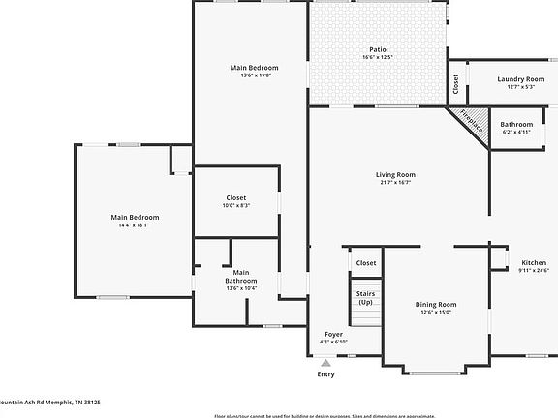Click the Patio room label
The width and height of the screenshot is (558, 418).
(x=378, y=49)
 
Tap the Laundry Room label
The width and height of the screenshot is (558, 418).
(x=521, y=79)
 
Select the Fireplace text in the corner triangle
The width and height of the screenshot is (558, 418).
(x=471, y=122)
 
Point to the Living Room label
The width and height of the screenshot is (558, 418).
(x=395, y=174)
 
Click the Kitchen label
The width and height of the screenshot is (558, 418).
(x=534, y=263)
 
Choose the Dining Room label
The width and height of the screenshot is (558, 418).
(x=436, y=304)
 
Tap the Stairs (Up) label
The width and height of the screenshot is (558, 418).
(x=365, y=297)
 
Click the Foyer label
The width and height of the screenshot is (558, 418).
(x=333, y=334)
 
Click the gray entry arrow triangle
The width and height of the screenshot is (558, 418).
(x=326, y=362)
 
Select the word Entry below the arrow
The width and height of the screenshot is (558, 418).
(x=326, y=374)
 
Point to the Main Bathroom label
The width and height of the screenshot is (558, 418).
(x=240, y=277)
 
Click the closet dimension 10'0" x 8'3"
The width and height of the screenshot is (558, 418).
(x=236, y=205)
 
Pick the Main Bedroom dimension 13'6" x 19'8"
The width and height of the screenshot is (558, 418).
(x=254, y=75)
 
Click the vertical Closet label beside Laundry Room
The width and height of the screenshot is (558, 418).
(x=456, y=84)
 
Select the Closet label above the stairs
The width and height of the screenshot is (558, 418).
(x=366, y=263)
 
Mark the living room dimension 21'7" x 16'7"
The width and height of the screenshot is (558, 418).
(x=395, y=182)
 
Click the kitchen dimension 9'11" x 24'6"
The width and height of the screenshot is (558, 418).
(x=534, y=271)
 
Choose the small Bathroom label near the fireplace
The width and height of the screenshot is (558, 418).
(x=516, y=124)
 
